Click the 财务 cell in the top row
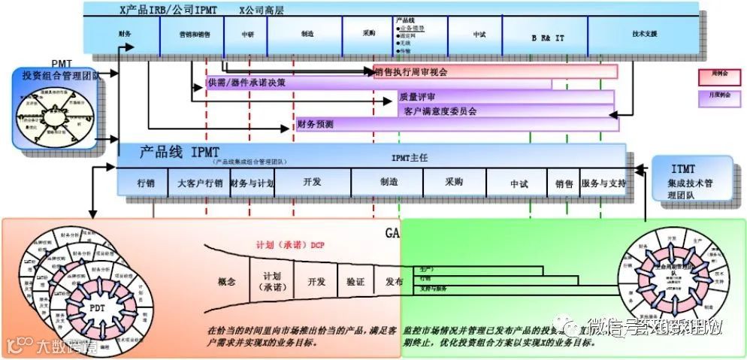coord(126,35)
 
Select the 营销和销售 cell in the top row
coord(195,35)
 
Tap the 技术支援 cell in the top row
coord(645,35)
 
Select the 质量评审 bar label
coord(418,98)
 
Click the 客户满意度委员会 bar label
coord(440,111)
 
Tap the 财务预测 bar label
coord(316,124)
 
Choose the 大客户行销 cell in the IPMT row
coord(200,183)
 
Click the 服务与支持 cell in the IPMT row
coord(603,183)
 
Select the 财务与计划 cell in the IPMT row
coord(252,183)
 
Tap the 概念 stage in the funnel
coord(227,282)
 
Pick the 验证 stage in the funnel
coord(355,282)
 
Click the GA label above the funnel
coord(392,233)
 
